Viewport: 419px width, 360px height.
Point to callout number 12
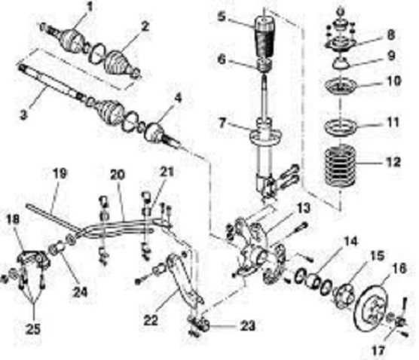click(x=390, y=162)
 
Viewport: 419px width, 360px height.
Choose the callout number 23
click(x=247, y=326)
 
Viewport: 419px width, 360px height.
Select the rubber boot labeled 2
click(x=119, y=63)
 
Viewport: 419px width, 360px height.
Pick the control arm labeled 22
click(x=179, y=282)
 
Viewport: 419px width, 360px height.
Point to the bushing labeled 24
click(x=56, y=249)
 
